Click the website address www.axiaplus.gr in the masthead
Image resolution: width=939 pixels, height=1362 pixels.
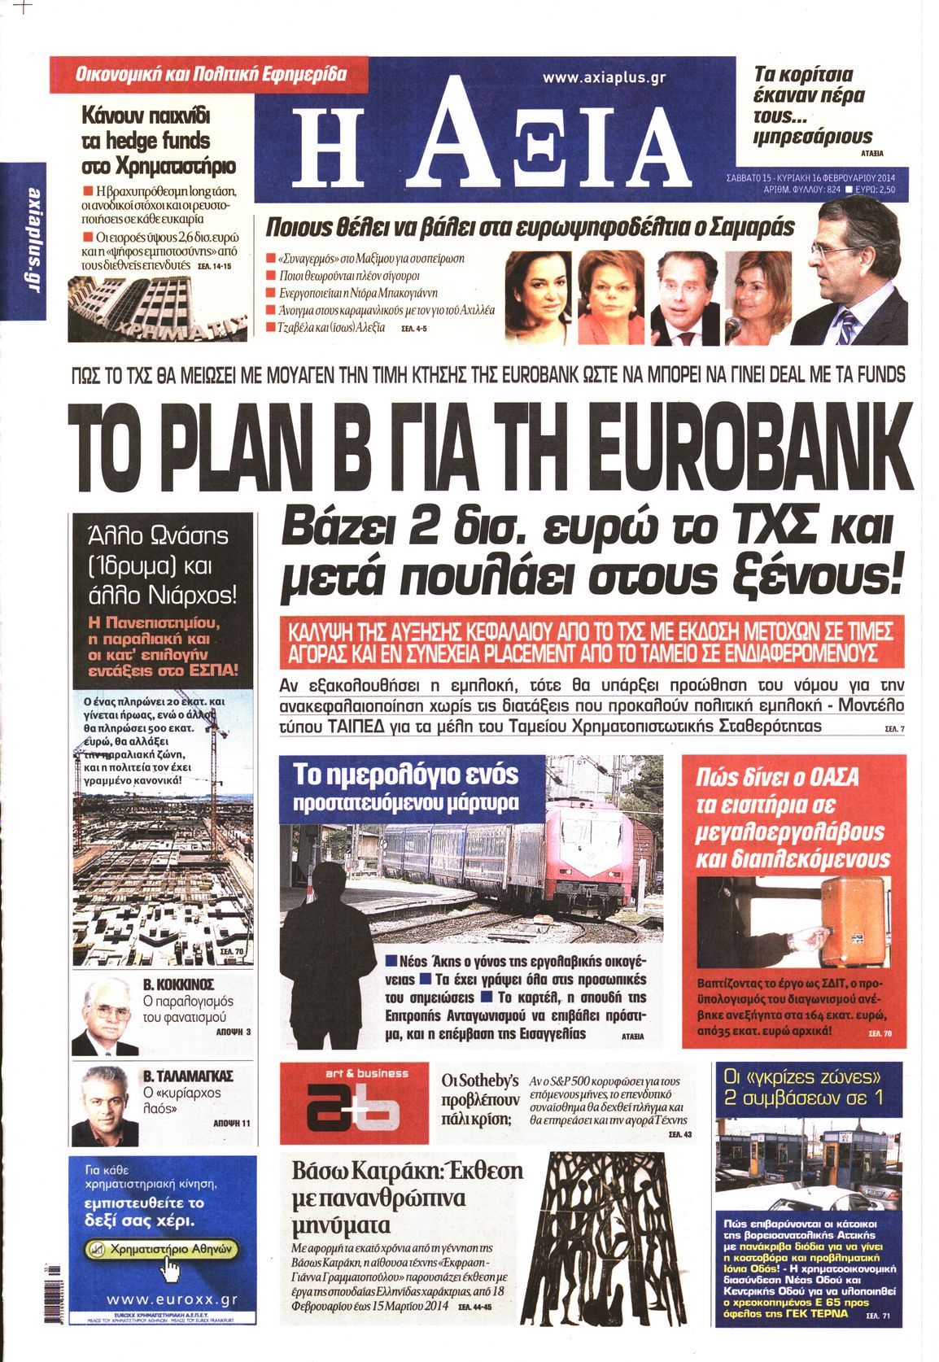[605, 78]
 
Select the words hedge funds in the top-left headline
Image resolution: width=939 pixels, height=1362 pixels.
[146, 141]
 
